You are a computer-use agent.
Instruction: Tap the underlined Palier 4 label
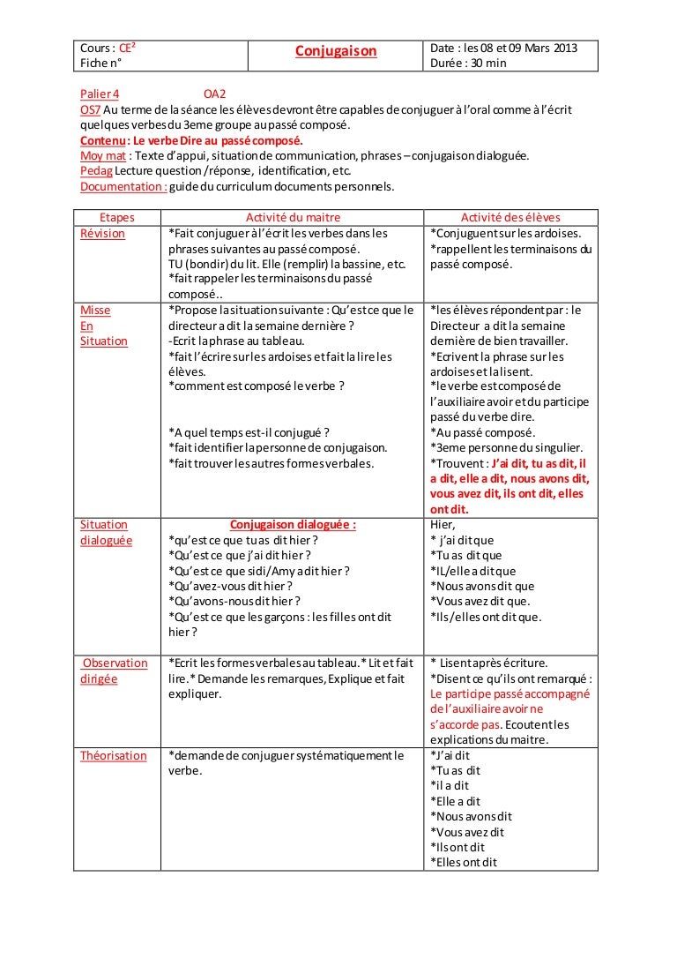(x=100, y=94)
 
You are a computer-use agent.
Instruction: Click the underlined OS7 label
(x=90, y=109)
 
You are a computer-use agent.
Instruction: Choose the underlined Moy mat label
(x=98, y=155)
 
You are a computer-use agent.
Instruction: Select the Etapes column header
(x=117, y=218)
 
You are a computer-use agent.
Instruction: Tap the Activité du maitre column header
(x=293, y=218)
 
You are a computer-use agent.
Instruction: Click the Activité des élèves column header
(x=510, y=218)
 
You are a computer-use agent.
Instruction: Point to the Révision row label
(x=102, y=234)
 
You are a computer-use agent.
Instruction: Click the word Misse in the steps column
(x=95, y=311)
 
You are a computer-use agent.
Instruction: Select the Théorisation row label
(x=114, y=755)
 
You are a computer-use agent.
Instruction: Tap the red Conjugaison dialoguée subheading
(x=293, y=525)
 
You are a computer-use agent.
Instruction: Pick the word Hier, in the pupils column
(x=443, y=525)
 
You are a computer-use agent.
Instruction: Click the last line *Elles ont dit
(x=464, y=862)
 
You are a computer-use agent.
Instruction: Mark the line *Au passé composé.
(x=482, y=432)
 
